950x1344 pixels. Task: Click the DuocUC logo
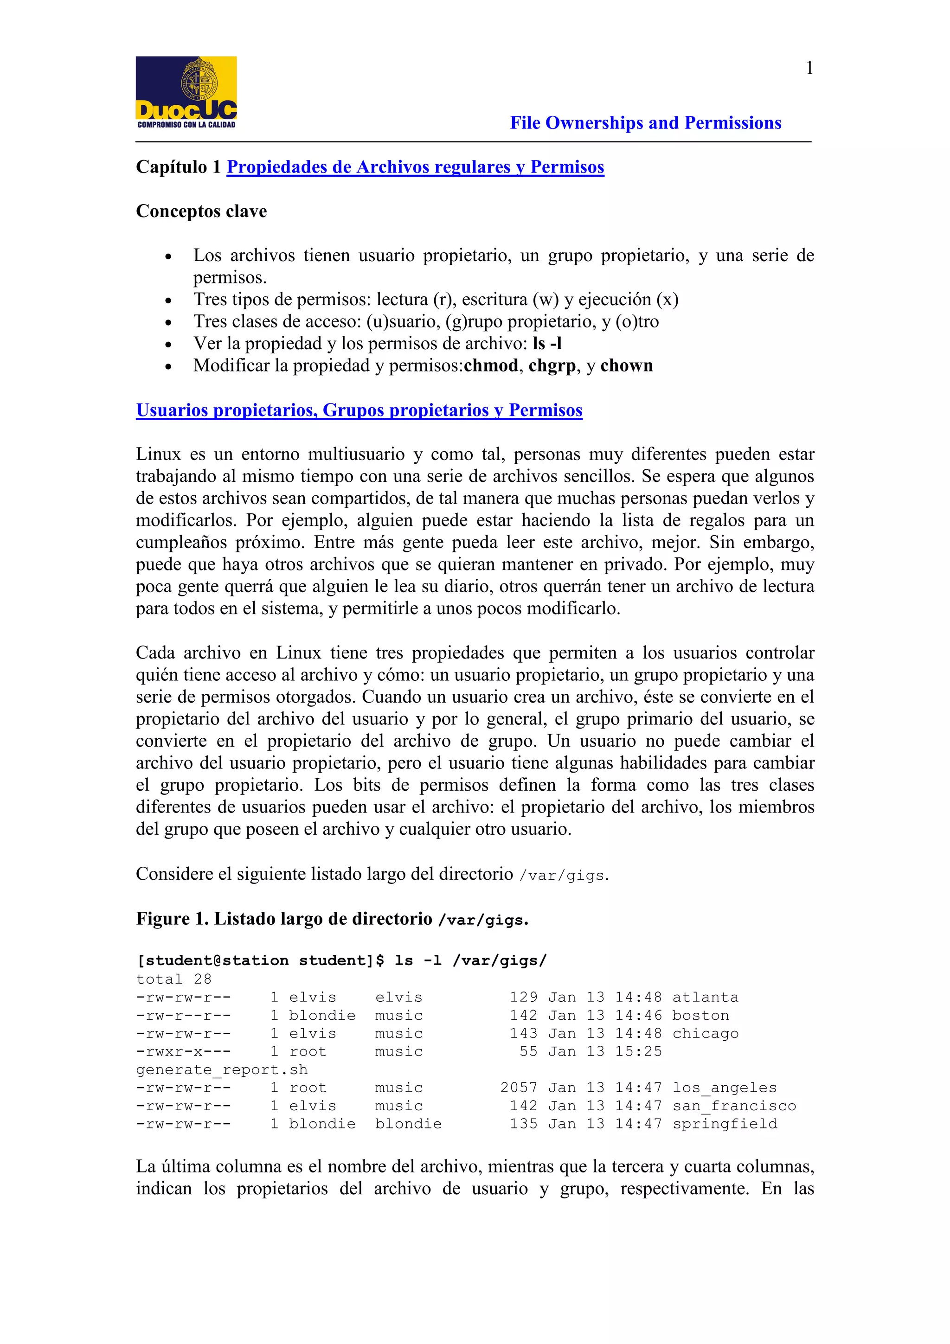point(186,92)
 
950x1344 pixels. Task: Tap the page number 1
point(809,69)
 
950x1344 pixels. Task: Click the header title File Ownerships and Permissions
point(645,123)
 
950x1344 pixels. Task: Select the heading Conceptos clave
point(201,211)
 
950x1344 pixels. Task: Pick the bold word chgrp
point(552,366)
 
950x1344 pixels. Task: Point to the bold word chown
point(626,366)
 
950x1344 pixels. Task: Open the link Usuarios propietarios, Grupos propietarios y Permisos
point(359,410)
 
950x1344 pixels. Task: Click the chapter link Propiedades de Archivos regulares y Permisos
point(415,167)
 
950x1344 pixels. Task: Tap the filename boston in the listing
point(700,1016)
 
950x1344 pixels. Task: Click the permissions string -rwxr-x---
point(183,1052)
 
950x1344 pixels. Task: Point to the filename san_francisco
point(734,1106)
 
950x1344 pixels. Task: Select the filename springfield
point(725,1124)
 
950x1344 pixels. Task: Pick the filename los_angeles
point(724,1088)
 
